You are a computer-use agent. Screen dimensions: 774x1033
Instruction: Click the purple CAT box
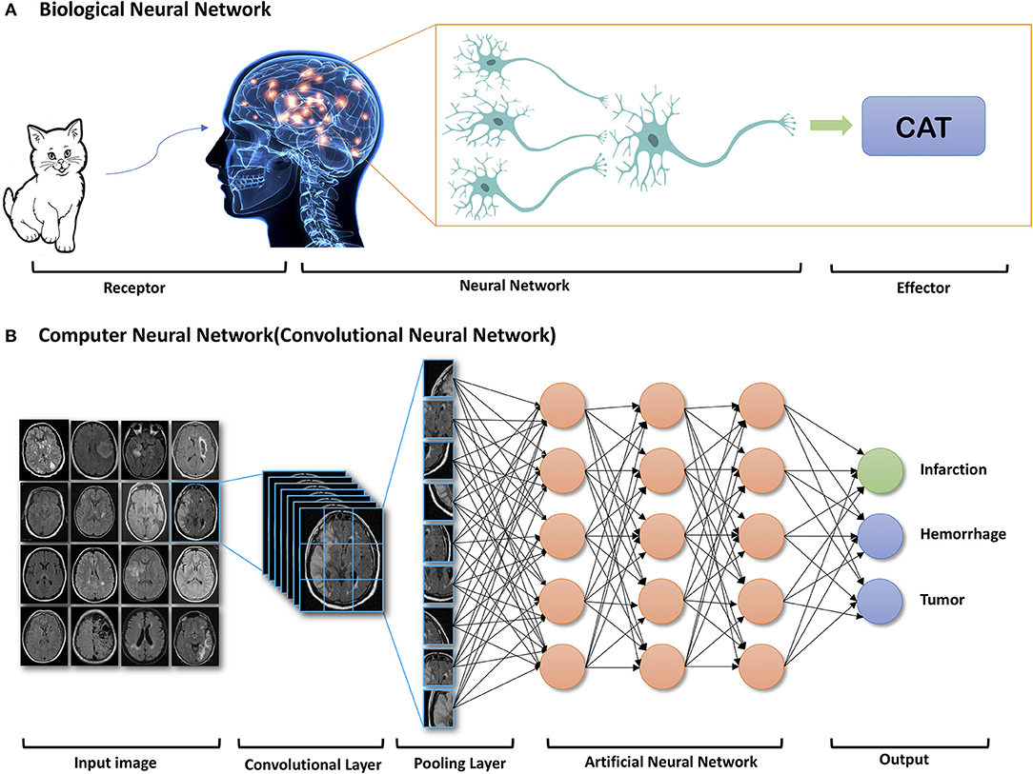[x=922, y=127]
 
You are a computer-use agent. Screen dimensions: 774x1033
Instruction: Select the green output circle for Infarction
[x=880, y=469]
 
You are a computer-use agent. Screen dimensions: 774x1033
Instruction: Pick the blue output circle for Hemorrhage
[x=880, y=535]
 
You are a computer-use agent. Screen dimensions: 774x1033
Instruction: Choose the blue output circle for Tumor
[x=880, y=600]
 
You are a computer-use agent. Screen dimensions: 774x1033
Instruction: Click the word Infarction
[x=953, y=469]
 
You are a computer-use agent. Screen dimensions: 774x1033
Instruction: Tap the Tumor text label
[x=941, y=600]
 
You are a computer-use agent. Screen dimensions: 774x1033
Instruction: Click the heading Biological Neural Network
[x=161, y=10]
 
